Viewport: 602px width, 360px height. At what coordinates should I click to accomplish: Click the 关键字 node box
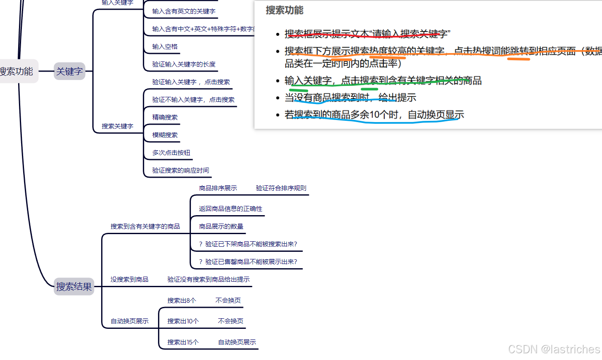coord(70,71)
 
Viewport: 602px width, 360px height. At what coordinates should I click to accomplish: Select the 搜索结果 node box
coord(74,286)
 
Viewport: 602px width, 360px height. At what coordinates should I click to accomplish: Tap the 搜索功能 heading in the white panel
coord(284,10)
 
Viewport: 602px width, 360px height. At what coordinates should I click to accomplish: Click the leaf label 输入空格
coord(165,47)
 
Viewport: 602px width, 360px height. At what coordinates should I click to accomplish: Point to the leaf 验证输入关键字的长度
coord(184,64)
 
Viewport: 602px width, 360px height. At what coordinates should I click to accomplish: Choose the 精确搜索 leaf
coord(165,117)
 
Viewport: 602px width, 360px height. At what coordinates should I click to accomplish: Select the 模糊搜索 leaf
coord(165,135)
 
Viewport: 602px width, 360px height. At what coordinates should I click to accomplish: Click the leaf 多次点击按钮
coord(171,153)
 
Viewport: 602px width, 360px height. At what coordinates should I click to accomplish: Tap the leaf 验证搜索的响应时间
coord(180,171)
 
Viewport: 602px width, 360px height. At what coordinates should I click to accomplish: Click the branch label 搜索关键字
coord(117,126)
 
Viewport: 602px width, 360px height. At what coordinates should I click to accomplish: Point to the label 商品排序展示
coord(218,188)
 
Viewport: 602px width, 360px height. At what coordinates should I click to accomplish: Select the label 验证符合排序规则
coord(281,188)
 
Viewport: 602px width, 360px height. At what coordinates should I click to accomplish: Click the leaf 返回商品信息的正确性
coord(230,209)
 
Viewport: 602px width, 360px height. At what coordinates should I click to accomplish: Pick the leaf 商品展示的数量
coord(221,227)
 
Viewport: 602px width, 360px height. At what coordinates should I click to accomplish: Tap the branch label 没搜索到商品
coord(129,280)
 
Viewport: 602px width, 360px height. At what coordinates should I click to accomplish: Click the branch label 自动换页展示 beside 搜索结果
coord(129,321)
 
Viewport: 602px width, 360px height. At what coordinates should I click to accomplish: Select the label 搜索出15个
coord(183,342)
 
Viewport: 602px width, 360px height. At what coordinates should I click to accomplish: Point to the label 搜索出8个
coord(182,301)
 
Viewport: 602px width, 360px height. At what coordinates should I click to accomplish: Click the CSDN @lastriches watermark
coord(554,349)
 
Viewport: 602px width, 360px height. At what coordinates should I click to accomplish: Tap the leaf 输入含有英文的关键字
coord(184,11)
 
